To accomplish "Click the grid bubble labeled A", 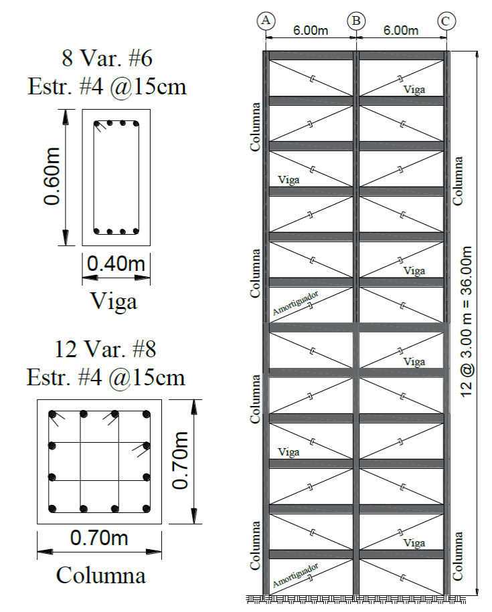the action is pyautogui.click(x=266, y=20).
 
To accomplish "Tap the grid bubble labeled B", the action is pyautogui.click(x=356, y=20).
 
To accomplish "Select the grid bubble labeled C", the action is pyautogui.click(x=445, y=20).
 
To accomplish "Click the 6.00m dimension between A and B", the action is pyautogui.click(x=311, y=30).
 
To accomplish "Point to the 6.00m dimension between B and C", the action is pyautogui.click(x=401, y=30).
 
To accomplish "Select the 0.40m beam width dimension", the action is pyautogui.click(x=116, y=265).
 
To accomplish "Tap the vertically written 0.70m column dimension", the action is pyautogui.click(x=179, y=461).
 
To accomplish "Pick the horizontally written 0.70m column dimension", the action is pyautogui.click(x=99, y=537).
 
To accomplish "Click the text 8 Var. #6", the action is pyautogui.click(x=107, y=59).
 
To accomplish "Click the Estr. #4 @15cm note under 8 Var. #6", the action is pyautogui.click(x=107, y=87).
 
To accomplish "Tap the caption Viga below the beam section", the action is pyautogui.click(x=114, y=301).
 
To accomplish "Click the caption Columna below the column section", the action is pyautogui.click(x=101, y=575).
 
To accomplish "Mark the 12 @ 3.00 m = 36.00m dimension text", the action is pyautogui.click(x=467, y=321).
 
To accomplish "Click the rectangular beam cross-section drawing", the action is pyautogui.click(x=116, y=178).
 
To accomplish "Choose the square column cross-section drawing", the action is pyautogui.click(x=98, y=462).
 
